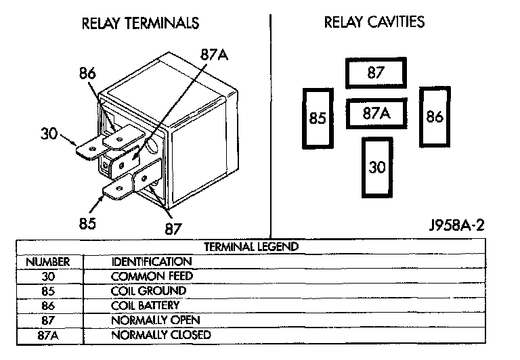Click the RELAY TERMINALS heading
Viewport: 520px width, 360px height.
140,24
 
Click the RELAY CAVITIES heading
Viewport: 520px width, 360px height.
374,22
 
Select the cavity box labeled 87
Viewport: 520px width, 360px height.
376,73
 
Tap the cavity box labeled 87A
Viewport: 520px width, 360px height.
376,114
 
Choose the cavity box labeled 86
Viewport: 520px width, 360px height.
435,116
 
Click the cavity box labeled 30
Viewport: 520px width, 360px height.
376,166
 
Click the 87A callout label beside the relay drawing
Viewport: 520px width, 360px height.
214,55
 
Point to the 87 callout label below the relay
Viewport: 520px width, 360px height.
173,228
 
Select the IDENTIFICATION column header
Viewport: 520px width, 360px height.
152,261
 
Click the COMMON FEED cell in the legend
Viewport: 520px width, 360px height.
152,276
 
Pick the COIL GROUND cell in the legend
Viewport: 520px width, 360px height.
149,291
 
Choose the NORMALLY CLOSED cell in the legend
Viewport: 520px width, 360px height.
161,335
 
